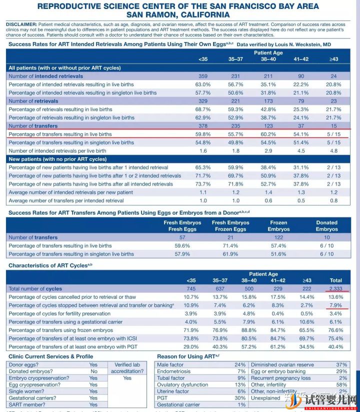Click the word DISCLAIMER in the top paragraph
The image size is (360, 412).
pos(20,24)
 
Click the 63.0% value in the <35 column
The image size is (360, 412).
pos(202,85)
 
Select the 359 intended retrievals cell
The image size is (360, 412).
pos(202,76)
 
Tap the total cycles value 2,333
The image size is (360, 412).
pos(336,289)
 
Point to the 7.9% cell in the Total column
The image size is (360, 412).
pos(336,305)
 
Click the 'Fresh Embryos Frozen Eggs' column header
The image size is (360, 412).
pos(230,226)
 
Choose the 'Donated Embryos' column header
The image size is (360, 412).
pos(326,226)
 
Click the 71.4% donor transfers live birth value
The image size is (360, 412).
pos(230,246)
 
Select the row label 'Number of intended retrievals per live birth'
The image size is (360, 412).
pos(57,151)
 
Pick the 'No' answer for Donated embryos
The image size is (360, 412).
pos(93,371)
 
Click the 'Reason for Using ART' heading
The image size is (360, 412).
pos(185,356)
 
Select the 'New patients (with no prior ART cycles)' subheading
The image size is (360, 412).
pos(57,159)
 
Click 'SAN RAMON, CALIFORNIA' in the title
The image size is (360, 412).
pos(178,15)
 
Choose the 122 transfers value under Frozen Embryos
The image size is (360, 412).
pos(278,238)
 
